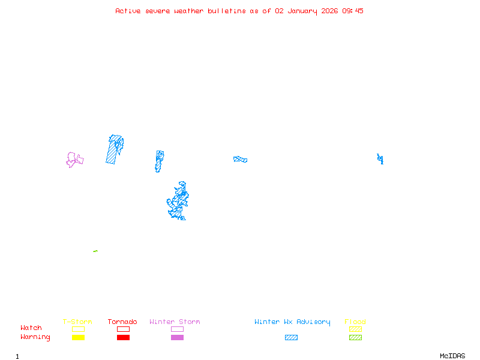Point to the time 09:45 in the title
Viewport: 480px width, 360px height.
353,11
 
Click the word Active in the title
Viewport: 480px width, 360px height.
128,11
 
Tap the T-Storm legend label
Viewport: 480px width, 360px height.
77,322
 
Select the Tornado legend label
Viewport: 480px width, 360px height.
122,322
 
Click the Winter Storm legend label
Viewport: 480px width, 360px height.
175,322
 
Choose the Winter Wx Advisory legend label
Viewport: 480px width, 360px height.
292,322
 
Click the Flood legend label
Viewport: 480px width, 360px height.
355,322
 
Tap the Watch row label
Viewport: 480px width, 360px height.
31,328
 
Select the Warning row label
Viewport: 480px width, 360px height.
35,337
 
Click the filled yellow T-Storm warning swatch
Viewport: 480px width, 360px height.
78,338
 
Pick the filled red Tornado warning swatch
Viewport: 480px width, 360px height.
123,338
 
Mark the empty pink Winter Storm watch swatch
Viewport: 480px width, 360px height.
177,329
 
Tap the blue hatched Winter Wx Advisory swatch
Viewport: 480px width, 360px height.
291,338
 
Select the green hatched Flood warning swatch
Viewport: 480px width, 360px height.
355,338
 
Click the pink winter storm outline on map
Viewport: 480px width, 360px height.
74,160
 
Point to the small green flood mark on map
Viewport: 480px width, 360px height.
95,251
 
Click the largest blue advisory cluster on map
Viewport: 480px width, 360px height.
178,201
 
